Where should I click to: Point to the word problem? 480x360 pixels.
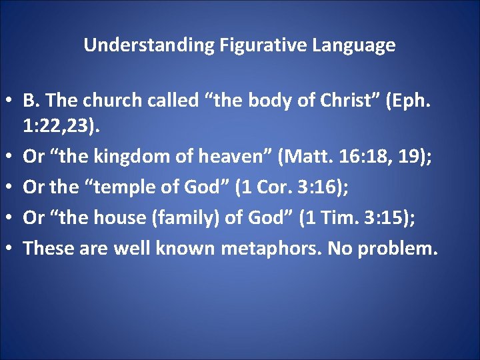pyautogui.click(x=397, y=249)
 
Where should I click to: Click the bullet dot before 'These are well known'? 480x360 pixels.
pyautogui.click(x=11, y=249)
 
